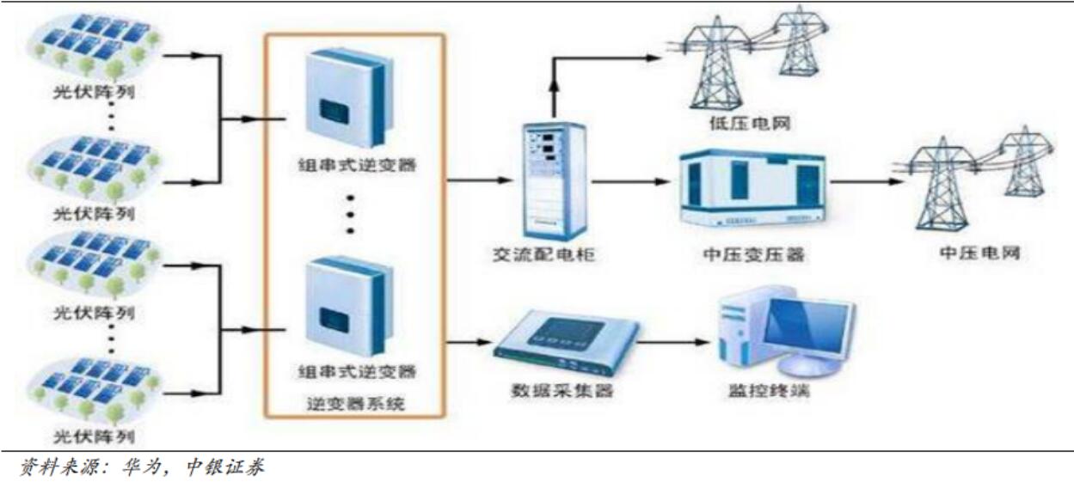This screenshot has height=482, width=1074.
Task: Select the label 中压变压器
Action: [x=752, y=255]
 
